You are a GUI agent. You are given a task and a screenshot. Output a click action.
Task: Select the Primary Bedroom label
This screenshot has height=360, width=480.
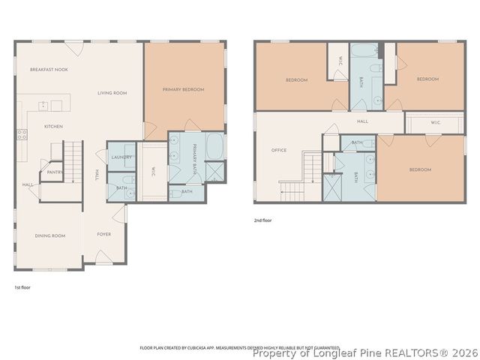(183, 89)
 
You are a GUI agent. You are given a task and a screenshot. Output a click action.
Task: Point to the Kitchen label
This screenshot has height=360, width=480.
(52, 126)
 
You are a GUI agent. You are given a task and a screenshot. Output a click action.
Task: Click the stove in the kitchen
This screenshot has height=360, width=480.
(22, 135)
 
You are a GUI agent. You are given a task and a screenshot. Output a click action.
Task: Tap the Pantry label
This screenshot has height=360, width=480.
(54, 172)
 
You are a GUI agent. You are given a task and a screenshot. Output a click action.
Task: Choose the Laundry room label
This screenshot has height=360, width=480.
(121, 157)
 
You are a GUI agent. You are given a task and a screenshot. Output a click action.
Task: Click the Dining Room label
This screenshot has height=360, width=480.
(50, 235)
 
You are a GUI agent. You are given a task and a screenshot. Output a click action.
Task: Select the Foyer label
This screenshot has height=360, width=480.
(104, 235)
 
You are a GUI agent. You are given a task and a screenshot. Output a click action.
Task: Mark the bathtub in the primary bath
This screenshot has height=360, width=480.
(214, 146)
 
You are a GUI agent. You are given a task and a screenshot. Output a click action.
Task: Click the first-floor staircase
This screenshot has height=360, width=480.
(71, 158)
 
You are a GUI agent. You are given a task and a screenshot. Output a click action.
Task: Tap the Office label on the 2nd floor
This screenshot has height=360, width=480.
(279, 150)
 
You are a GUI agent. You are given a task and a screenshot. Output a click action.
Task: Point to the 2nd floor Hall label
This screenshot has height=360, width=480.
(362, 121)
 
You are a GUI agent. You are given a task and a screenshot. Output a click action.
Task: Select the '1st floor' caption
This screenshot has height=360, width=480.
(22, 287)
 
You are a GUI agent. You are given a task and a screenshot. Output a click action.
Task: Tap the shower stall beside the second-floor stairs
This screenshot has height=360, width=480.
(331, 187)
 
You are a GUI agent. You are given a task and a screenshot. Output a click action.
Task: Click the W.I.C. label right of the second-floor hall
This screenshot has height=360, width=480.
(435, 122)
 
